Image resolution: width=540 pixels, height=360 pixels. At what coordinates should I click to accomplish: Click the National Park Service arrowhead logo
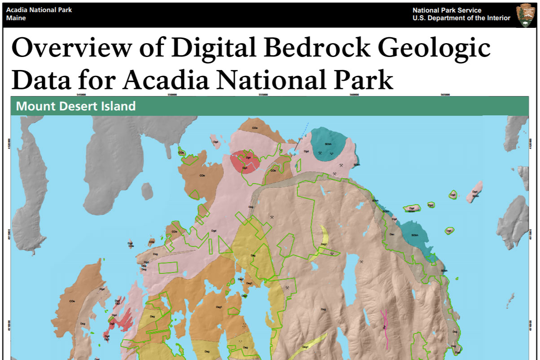(525, 15)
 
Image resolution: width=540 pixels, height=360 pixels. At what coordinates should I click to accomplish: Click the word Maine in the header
(16, 18)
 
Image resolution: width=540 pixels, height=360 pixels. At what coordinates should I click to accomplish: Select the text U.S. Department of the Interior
(461, 18)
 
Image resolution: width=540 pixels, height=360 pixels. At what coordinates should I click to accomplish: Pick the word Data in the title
(40, 80)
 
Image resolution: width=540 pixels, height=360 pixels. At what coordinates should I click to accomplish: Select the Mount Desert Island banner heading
(75, 106)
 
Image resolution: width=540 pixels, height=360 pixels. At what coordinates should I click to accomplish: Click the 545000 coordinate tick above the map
(81, 95)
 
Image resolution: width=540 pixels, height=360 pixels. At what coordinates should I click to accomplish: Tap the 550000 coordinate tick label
(172, 95)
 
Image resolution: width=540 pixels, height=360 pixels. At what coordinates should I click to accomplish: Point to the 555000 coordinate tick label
(263, 95)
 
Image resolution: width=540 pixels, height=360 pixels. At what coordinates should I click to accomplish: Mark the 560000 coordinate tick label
(354, 95)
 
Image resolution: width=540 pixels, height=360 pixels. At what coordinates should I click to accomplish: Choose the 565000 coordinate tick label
(445, 95)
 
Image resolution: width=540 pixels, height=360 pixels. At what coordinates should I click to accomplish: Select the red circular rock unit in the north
(245, 162)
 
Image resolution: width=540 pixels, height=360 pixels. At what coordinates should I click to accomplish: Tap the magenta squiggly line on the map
(384, 328)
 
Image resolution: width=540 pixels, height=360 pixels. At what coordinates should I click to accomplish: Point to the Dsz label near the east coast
(391, 234)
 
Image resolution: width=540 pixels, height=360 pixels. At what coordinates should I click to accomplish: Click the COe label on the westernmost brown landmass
(72, 302)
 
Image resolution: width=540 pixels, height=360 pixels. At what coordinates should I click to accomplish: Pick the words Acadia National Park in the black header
(39, 10)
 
